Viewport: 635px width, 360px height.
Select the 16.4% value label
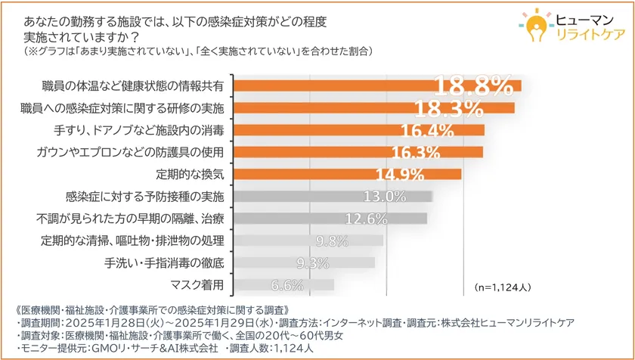pyautogui.click(x=427, y=130)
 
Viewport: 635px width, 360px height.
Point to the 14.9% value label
pyautogui.click(x=400, y=175)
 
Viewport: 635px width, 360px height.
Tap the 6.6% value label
pyautogui.click(x=287, y=285)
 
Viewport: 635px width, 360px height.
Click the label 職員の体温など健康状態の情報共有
pyautogui.click(x=132, y=85)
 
